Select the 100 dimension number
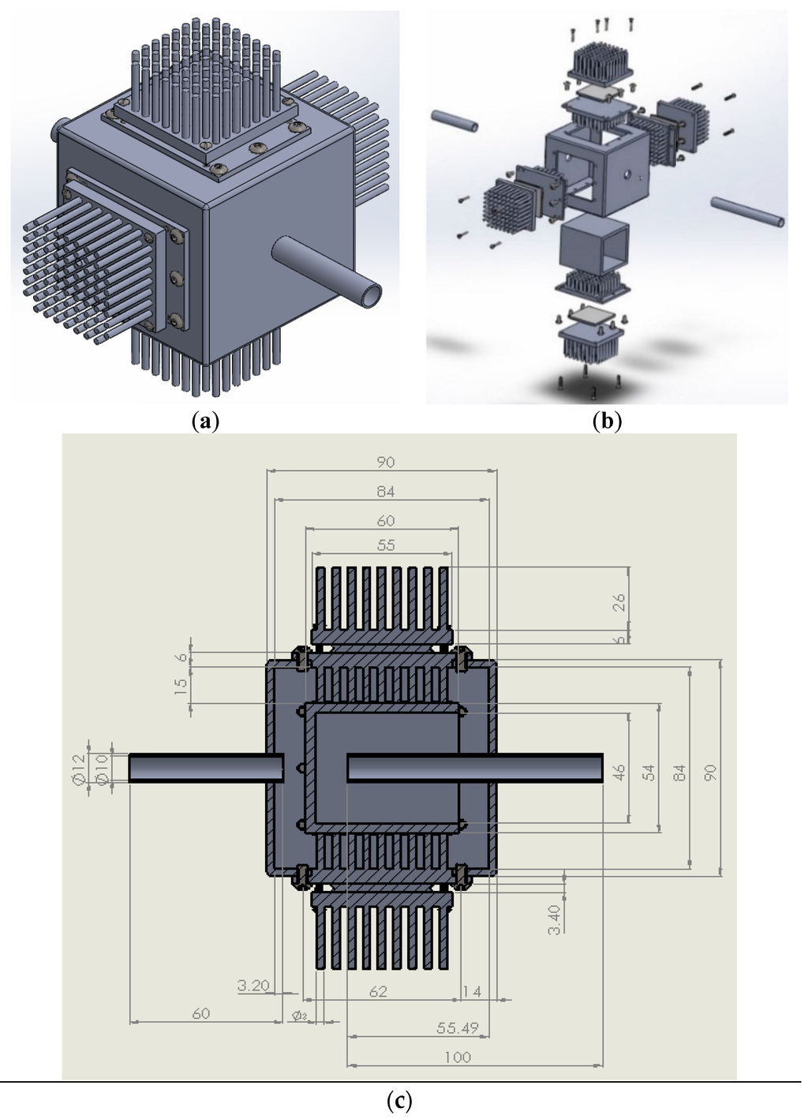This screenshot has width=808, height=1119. pos(458,1057)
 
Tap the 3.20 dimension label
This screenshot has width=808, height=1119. pos(253,985)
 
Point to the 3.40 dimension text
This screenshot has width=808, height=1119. pos(554,919)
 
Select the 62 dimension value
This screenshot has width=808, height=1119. pos(378,991)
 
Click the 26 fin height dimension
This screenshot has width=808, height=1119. pos(619,602)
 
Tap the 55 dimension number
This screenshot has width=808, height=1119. pos(385,545)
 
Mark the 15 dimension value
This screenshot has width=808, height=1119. pos(181,685)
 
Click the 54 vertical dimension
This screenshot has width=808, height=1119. pos(649,773)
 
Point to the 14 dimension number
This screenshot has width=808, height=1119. pos(471,991)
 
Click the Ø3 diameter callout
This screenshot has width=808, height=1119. pos(300,1015)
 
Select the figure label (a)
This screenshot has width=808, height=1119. pos(205,421)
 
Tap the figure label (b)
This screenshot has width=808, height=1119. pos(607,421)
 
